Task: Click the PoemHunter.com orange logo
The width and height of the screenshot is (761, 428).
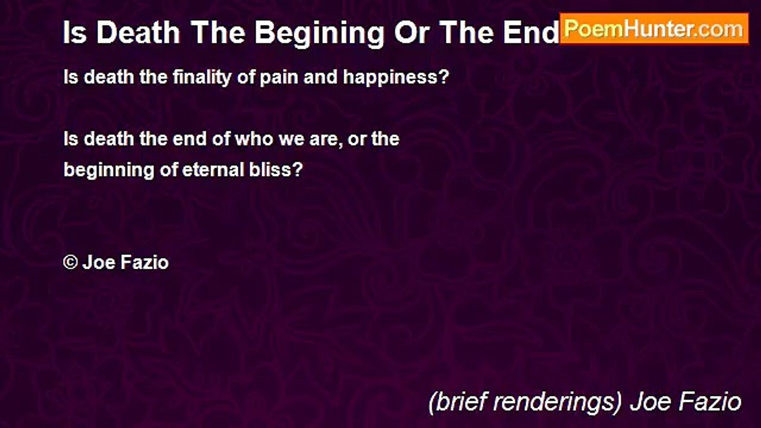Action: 654,29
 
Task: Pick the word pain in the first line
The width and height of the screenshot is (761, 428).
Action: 280,77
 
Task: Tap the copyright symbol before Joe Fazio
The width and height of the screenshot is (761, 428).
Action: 70,262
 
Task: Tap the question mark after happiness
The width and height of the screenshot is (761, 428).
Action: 444,77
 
